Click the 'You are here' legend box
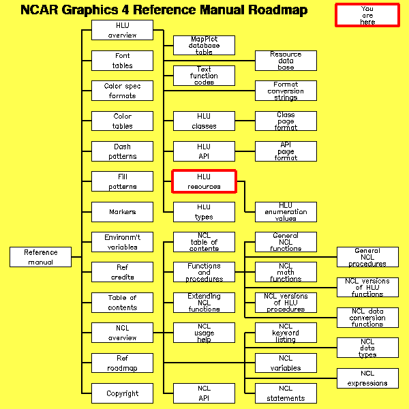[367, 15]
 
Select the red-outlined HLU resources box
[204, 181]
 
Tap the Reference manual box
[41, 257]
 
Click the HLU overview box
[122, 30]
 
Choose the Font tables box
[122, 61]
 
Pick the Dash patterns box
[122, 151]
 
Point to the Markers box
[122, 212]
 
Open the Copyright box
[122, 393]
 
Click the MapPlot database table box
[204, 46]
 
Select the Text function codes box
[204, 76]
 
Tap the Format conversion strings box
[286, 91]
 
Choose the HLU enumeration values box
[286, 212]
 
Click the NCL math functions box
[286, 272]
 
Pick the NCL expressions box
[367, 378]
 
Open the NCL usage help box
[204, 333]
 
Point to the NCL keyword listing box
[286, 333]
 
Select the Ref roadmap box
[122, 363]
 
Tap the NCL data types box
[367, 348]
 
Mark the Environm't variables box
[122, 242]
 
